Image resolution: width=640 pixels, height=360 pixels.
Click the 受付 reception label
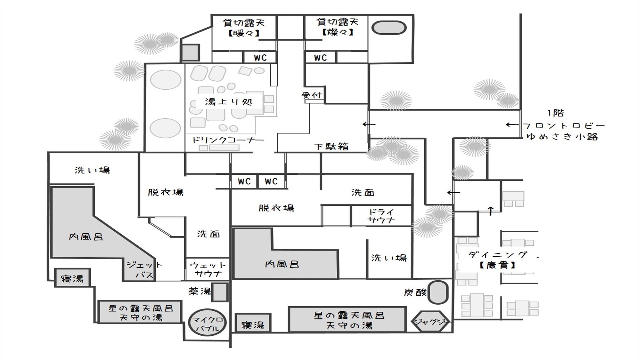[x=312, y=95]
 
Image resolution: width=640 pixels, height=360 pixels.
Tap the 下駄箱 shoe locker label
[x=331, y=147]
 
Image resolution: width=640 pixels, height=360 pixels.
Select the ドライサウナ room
[x=381, y=216]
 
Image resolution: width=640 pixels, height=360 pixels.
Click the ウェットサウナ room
[x=208, y=269]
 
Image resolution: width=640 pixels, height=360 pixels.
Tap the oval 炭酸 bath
[x=438, y=292]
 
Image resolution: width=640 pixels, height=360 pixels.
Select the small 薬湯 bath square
[x=220, y=292]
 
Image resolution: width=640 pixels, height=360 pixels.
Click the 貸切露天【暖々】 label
[x=244, y=28]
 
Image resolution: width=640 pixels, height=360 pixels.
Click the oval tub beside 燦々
[x=389, y=28]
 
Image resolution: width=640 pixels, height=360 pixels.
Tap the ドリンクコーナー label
[x=228, y=140]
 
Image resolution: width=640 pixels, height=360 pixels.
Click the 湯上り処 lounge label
[x=229, y=102]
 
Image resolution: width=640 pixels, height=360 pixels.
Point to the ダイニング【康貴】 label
[x=498, y=260]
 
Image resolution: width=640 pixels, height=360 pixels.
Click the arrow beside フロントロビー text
[x=512, y=125]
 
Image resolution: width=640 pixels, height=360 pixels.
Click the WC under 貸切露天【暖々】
[x=260, y=58]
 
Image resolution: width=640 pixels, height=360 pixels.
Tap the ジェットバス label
[x=145, y=270]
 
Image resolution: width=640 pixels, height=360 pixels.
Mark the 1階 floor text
[x=556, y=113]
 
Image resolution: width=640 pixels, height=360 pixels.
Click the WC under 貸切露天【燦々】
[x=320, y=58]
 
